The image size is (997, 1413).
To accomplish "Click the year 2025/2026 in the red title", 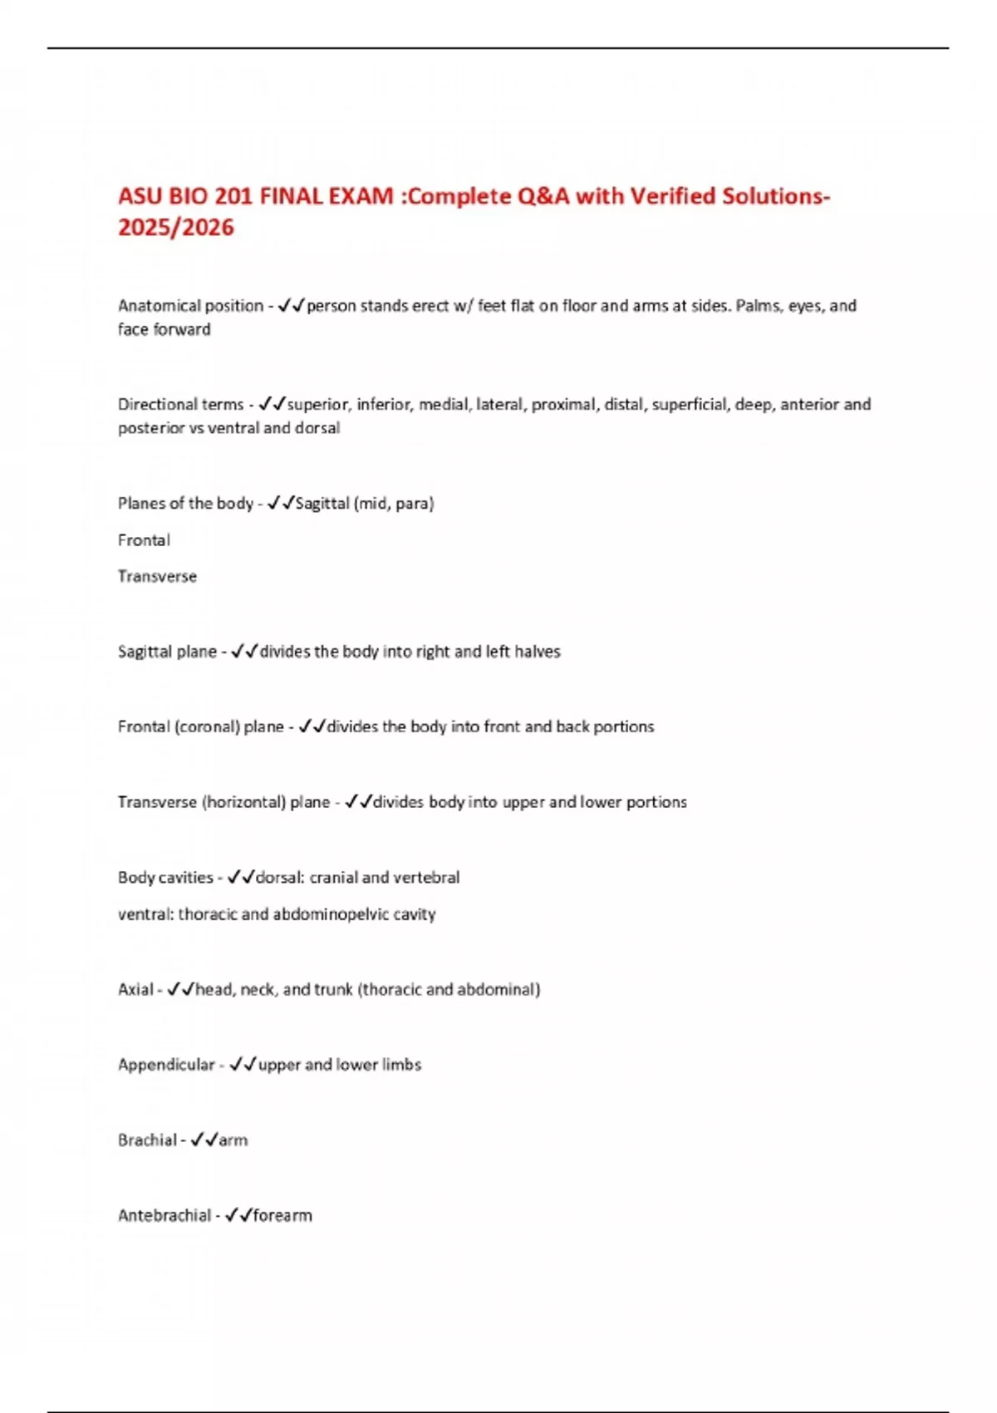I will pyautogui.click(x=176, y=227).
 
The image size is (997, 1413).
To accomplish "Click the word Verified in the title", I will pyautogui.click(x=672, y=196).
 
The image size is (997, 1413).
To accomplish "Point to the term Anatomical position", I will pyautogui.click(x=190, y=306).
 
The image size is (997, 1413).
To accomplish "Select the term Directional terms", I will pyautogui.click(x=180, y=405).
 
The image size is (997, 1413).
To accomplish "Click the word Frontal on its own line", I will pyautogui.click(x=144, y=540).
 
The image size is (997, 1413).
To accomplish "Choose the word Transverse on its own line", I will pyautogui.click(x=157, y=577).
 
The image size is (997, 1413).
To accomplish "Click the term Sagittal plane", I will pyautogui.click(x=167, y=652).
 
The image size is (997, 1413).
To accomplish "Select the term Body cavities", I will pyautogui.click(x=165, y=878).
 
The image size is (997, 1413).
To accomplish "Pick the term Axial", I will pyautogui.click(x=135, y=990).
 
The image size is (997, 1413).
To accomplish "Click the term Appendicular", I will pyautogui.click(x=166, y=1065).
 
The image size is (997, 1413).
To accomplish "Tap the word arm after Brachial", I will pyautogui.click(x=233, y=1140).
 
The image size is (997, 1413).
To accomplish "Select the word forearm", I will pyautogui.click(x=282, y=1216).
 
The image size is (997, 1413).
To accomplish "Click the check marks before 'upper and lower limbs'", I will pyautogui.click(x=243, y=1065).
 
